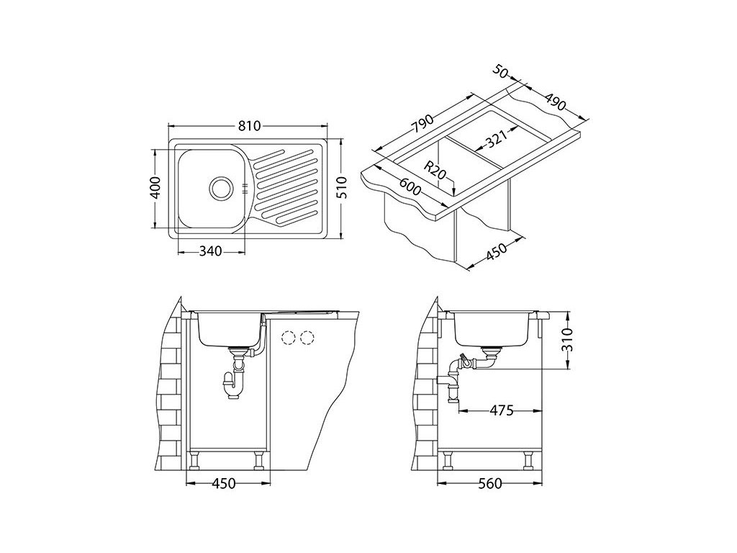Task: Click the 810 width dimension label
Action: tap(248, 126)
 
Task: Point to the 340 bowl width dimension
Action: tap(210, 251)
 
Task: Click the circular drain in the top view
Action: tap(220, 188)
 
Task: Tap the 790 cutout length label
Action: tap(422, 124)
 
